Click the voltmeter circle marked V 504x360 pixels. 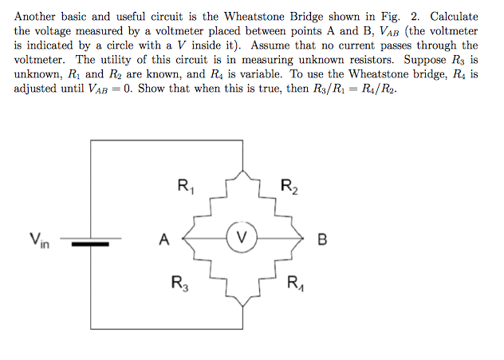tap(244, 237)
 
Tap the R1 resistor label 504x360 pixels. tap(184, 188)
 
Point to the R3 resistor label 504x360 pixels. tap(179, 282)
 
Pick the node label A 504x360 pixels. tap(163, 238)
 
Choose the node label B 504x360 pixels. tap(323, 238)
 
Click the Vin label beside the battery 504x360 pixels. tap(38, 238)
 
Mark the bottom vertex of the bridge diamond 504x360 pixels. tap(244, 306)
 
